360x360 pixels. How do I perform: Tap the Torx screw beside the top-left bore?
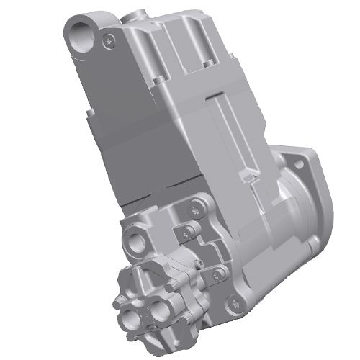tap(109, 40)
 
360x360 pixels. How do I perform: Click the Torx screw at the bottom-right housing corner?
tap(232, 309)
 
